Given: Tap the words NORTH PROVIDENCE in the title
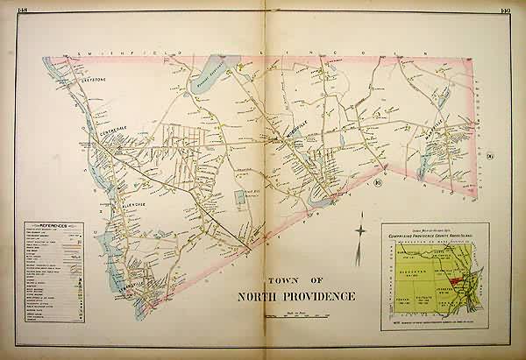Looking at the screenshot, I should tap(296, 294).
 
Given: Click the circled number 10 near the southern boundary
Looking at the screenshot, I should tap(377, 181).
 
